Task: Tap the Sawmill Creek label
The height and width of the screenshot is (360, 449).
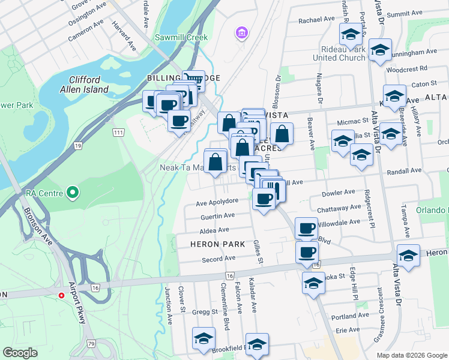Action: [x=181, y=37]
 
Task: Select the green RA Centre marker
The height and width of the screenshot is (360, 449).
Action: [x=73, y=193]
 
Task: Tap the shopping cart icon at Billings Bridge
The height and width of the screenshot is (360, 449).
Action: [x=193, y=80]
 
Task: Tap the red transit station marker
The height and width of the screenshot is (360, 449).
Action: [x=61, y=295]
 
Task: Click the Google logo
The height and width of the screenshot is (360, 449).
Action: [x=20, y=353]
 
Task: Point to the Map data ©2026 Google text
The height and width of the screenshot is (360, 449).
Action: [x=412, y=355]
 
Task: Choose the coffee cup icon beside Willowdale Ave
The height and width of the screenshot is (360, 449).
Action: [x=306, y=228]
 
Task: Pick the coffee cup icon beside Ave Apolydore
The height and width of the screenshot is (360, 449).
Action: [x=263, y=198]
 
